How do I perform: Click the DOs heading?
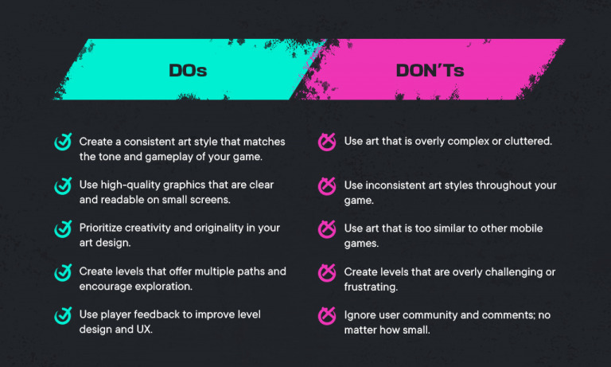[x=188, y=70]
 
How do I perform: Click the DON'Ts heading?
[x=430, y=70]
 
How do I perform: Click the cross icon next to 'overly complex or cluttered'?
[x=326, y=143]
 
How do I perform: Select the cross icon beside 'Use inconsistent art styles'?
[x=326, y=186]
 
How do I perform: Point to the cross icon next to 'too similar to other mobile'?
[x=326, y=229]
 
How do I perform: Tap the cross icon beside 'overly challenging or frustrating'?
[x=326, y=272]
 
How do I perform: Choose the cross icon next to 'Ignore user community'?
[x=326, y=315]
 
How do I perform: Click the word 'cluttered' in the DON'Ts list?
[x=527, y=142]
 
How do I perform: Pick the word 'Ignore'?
[x=360, y=314]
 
